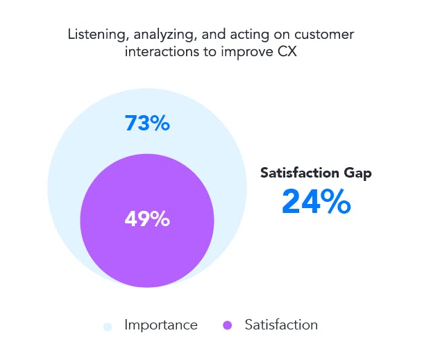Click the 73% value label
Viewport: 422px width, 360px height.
147,123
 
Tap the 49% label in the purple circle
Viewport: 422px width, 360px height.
147,218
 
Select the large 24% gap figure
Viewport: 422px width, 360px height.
316,202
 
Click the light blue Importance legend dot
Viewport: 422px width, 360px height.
107,325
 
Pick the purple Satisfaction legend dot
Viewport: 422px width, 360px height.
227,325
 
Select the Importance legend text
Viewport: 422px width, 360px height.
160,325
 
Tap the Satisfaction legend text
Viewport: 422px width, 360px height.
280,325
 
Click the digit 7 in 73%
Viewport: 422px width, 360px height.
130,123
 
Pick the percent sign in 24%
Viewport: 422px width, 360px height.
335,202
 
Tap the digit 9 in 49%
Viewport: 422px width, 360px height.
144,218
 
